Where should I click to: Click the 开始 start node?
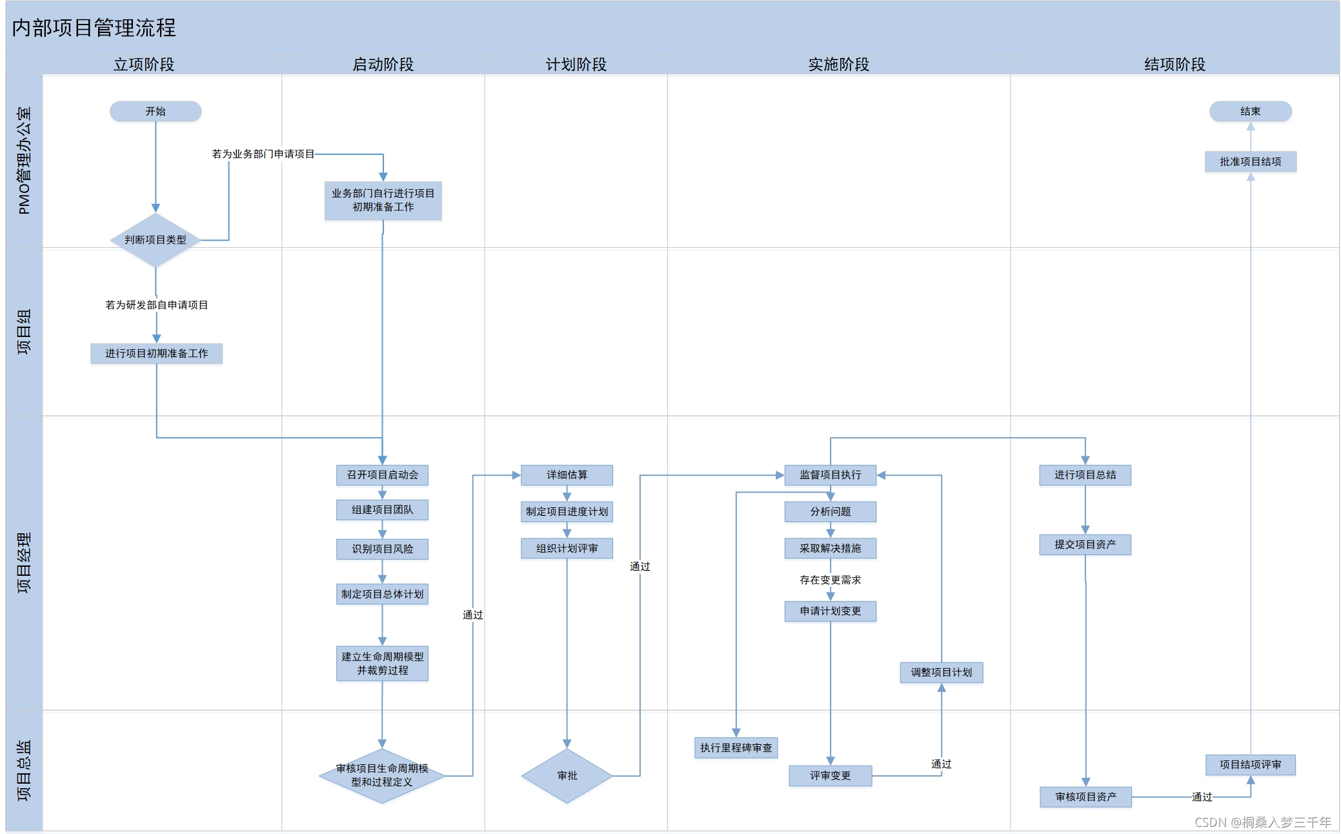click(x=156, y=112)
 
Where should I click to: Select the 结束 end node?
click(x=1250, y=112)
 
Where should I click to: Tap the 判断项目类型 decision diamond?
click(x=156, y=240)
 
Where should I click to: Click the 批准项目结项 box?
click(x=1250, y=162)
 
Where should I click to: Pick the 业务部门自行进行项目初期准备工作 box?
click(x=383, y=201)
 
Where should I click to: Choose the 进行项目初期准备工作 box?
click(x=156, y=354)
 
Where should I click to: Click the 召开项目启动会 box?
click(x=382, y=475)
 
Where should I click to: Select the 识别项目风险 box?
click(x=382, y=549)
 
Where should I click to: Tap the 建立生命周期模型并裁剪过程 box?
click(x=382, y=664)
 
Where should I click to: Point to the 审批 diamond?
click(x=567, y=776)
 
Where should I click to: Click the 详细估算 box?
click(x=567, y=475)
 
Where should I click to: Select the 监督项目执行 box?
click(x=830, y=475)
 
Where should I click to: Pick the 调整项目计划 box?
click(x=941, y=673)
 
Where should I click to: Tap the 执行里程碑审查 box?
click(x=736, y=748)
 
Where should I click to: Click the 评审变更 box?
click(x=830, y=776)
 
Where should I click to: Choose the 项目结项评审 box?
click(x=1250, y=765)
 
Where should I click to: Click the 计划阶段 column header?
click(x=576, y=65)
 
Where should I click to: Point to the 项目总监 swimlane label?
click(x=24, y=771)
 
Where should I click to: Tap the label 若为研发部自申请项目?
click(x=156, y=305)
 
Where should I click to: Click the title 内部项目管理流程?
click(x=94, y=28)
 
